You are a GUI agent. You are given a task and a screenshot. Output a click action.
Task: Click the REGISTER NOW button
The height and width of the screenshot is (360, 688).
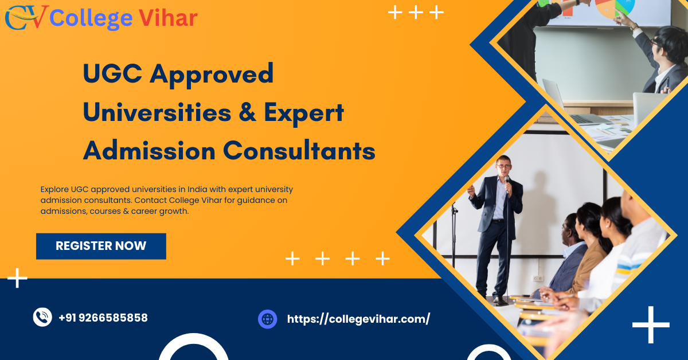101,246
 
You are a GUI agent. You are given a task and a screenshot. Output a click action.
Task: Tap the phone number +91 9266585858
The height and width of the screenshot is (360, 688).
103,318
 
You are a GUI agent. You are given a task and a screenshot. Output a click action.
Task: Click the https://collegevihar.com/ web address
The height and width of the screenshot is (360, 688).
358,319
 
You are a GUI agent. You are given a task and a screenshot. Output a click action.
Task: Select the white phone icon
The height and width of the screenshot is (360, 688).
42,317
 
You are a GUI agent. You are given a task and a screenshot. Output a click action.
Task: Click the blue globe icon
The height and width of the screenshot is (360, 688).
268,319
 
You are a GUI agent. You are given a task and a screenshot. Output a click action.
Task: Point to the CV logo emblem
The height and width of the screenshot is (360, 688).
25,17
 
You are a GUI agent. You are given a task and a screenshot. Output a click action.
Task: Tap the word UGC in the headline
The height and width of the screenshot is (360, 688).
114,75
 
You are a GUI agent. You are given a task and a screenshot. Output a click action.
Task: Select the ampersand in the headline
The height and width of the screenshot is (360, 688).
247,113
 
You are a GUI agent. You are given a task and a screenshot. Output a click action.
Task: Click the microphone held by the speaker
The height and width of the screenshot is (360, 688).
507,182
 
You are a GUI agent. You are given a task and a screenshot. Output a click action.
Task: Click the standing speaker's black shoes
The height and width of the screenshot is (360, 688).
500,300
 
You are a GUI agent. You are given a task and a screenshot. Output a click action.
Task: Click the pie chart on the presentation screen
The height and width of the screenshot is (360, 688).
609,7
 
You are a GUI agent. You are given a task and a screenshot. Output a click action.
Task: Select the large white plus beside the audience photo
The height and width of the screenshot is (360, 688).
651,325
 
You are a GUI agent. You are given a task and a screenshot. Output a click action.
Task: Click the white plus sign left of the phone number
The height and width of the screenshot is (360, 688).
17,278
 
